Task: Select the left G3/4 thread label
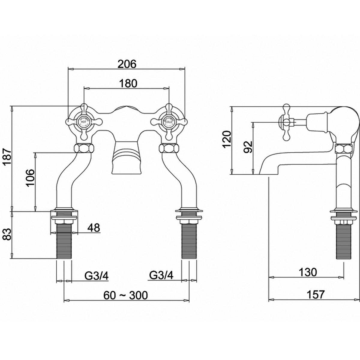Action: point(97,275)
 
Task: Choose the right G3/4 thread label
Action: point(161,275)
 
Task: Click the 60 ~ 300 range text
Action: point(126,295)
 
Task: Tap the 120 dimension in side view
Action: point(227,140)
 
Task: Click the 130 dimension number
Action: point(307,272)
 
